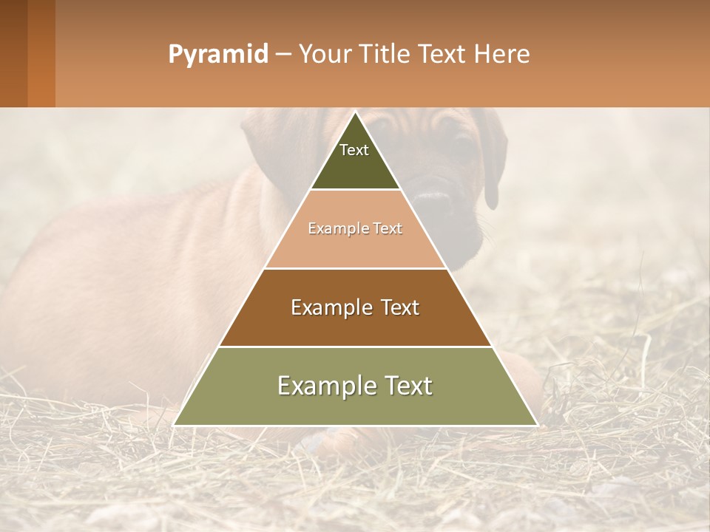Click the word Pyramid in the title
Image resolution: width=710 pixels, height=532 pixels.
[x=217, y=55]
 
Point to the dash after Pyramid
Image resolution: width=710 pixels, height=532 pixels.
[x=283, y=55]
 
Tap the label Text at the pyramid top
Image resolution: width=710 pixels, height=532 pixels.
[x=354, y=150]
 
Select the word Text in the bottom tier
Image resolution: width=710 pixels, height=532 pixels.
[x=404, y=386]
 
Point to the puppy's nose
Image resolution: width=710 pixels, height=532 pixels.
[x=433, y=199]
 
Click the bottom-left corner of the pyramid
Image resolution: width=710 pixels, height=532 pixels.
[x=175, y=425]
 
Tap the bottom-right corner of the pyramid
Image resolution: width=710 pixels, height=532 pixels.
[x=537, y=425]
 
